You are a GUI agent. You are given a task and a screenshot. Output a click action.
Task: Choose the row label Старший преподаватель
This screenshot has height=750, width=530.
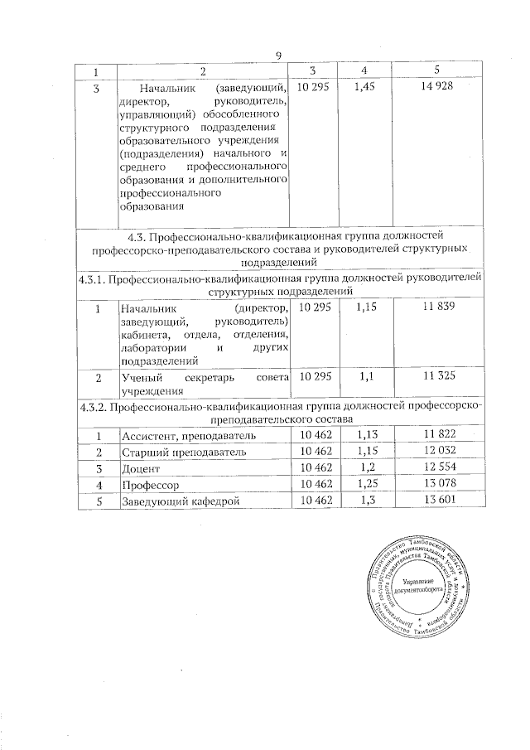tap(171, 452)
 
